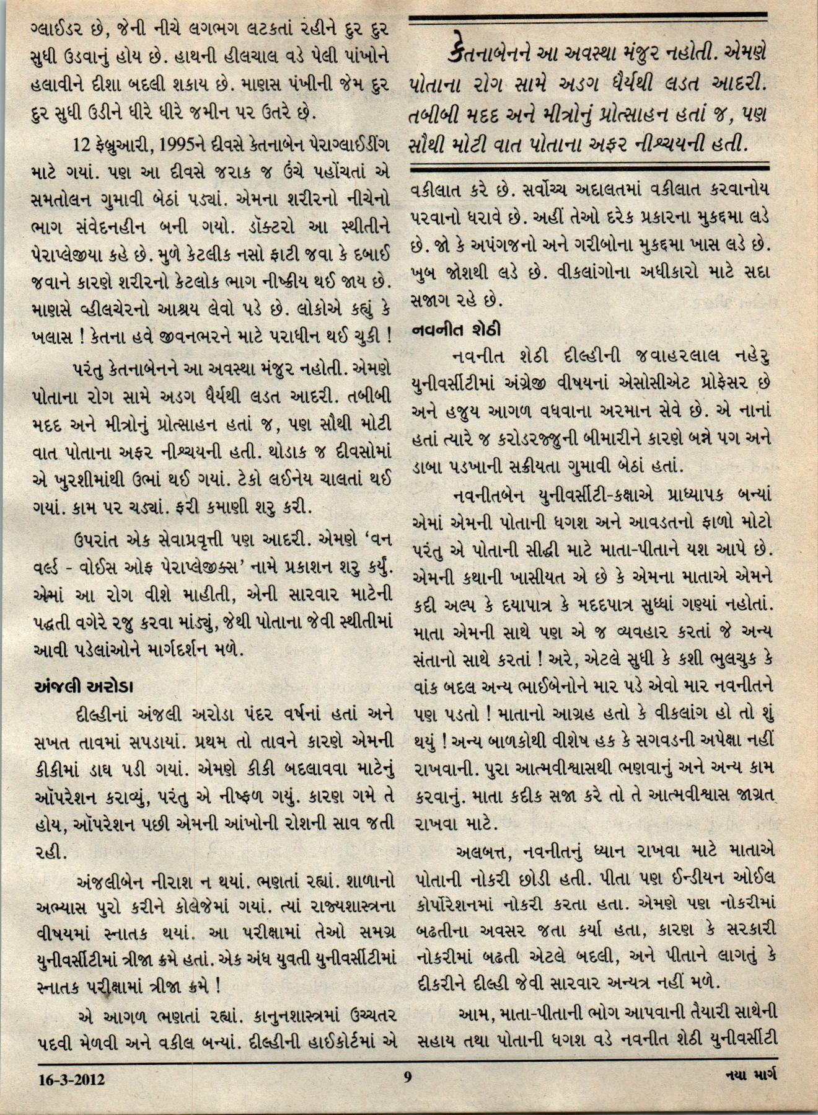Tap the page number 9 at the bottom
point(408,1077)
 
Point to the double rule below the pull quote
point(587,166)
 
